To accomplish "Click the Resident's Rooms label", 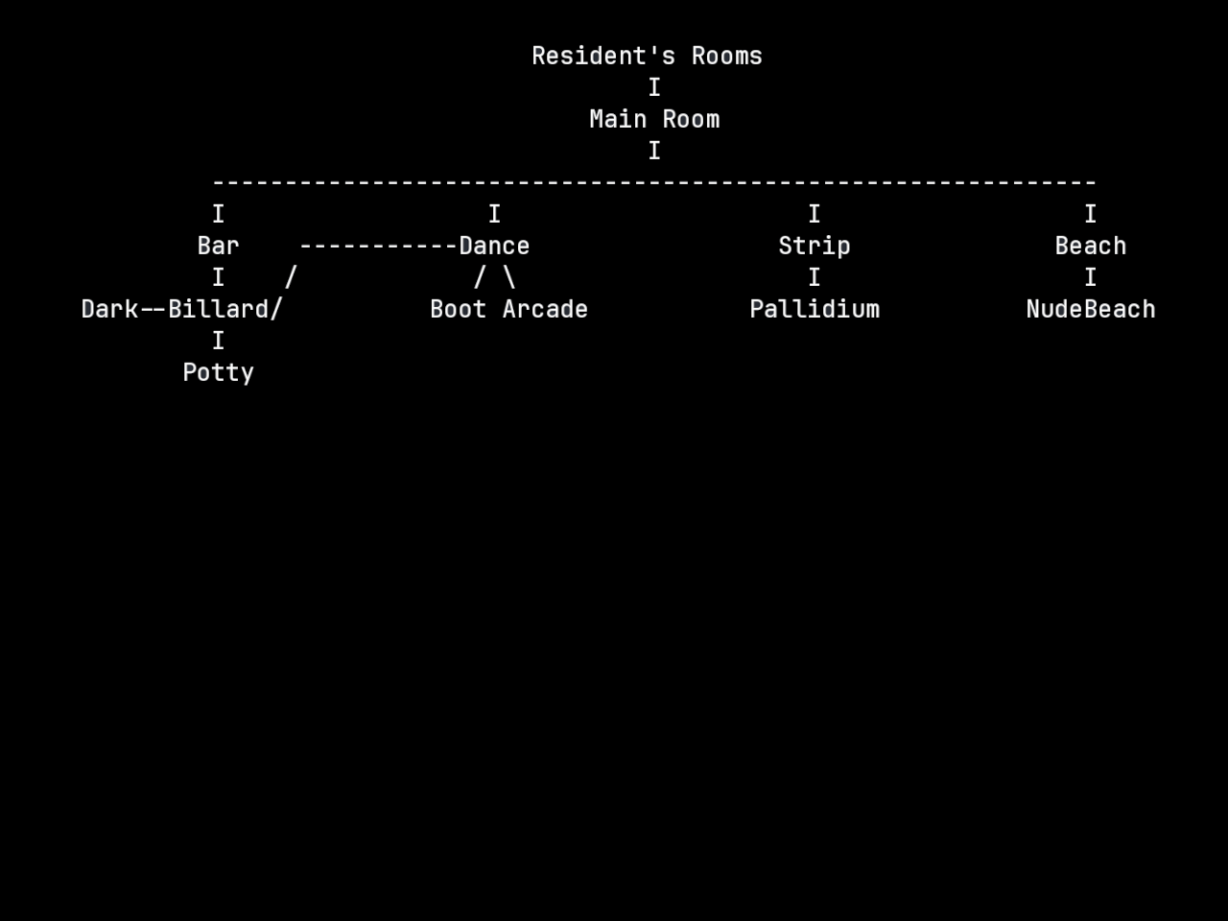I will pos(647,57).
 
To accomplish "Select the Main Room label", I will pos(654,120).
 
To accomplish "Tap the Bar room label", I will pos(218,247).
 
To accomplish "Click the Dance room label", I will pos(494,247).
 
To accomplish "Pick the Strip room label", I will pos(814,247).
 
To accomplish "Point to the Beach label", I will pos(1090,247).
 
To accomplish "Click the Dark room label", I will pos(109,310).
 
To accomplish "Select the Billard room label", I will pos(222,310).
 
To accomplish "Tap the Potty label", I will pos(218,373).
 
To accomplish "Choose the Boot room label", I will pos(458,310).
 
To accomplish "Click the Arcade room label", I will pos(545,310).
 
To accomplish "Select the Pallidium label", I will pos(814,310).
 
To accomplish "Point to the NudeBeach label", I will pos(1090,310).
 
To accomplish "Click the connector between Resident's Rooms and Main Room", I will pos(654,88).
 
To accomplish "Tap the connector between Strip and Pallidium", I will pos(814,278).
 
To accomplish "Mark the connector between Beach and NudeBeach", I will pos(1090,278).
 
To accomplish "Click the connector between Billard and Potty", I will pos(218,342).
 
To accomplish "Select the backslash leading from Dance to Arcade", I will pos(508,278).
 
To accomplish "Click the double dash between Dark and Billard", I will pos(153,310).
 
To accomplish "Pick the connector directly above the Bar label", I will pos(218,215).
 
